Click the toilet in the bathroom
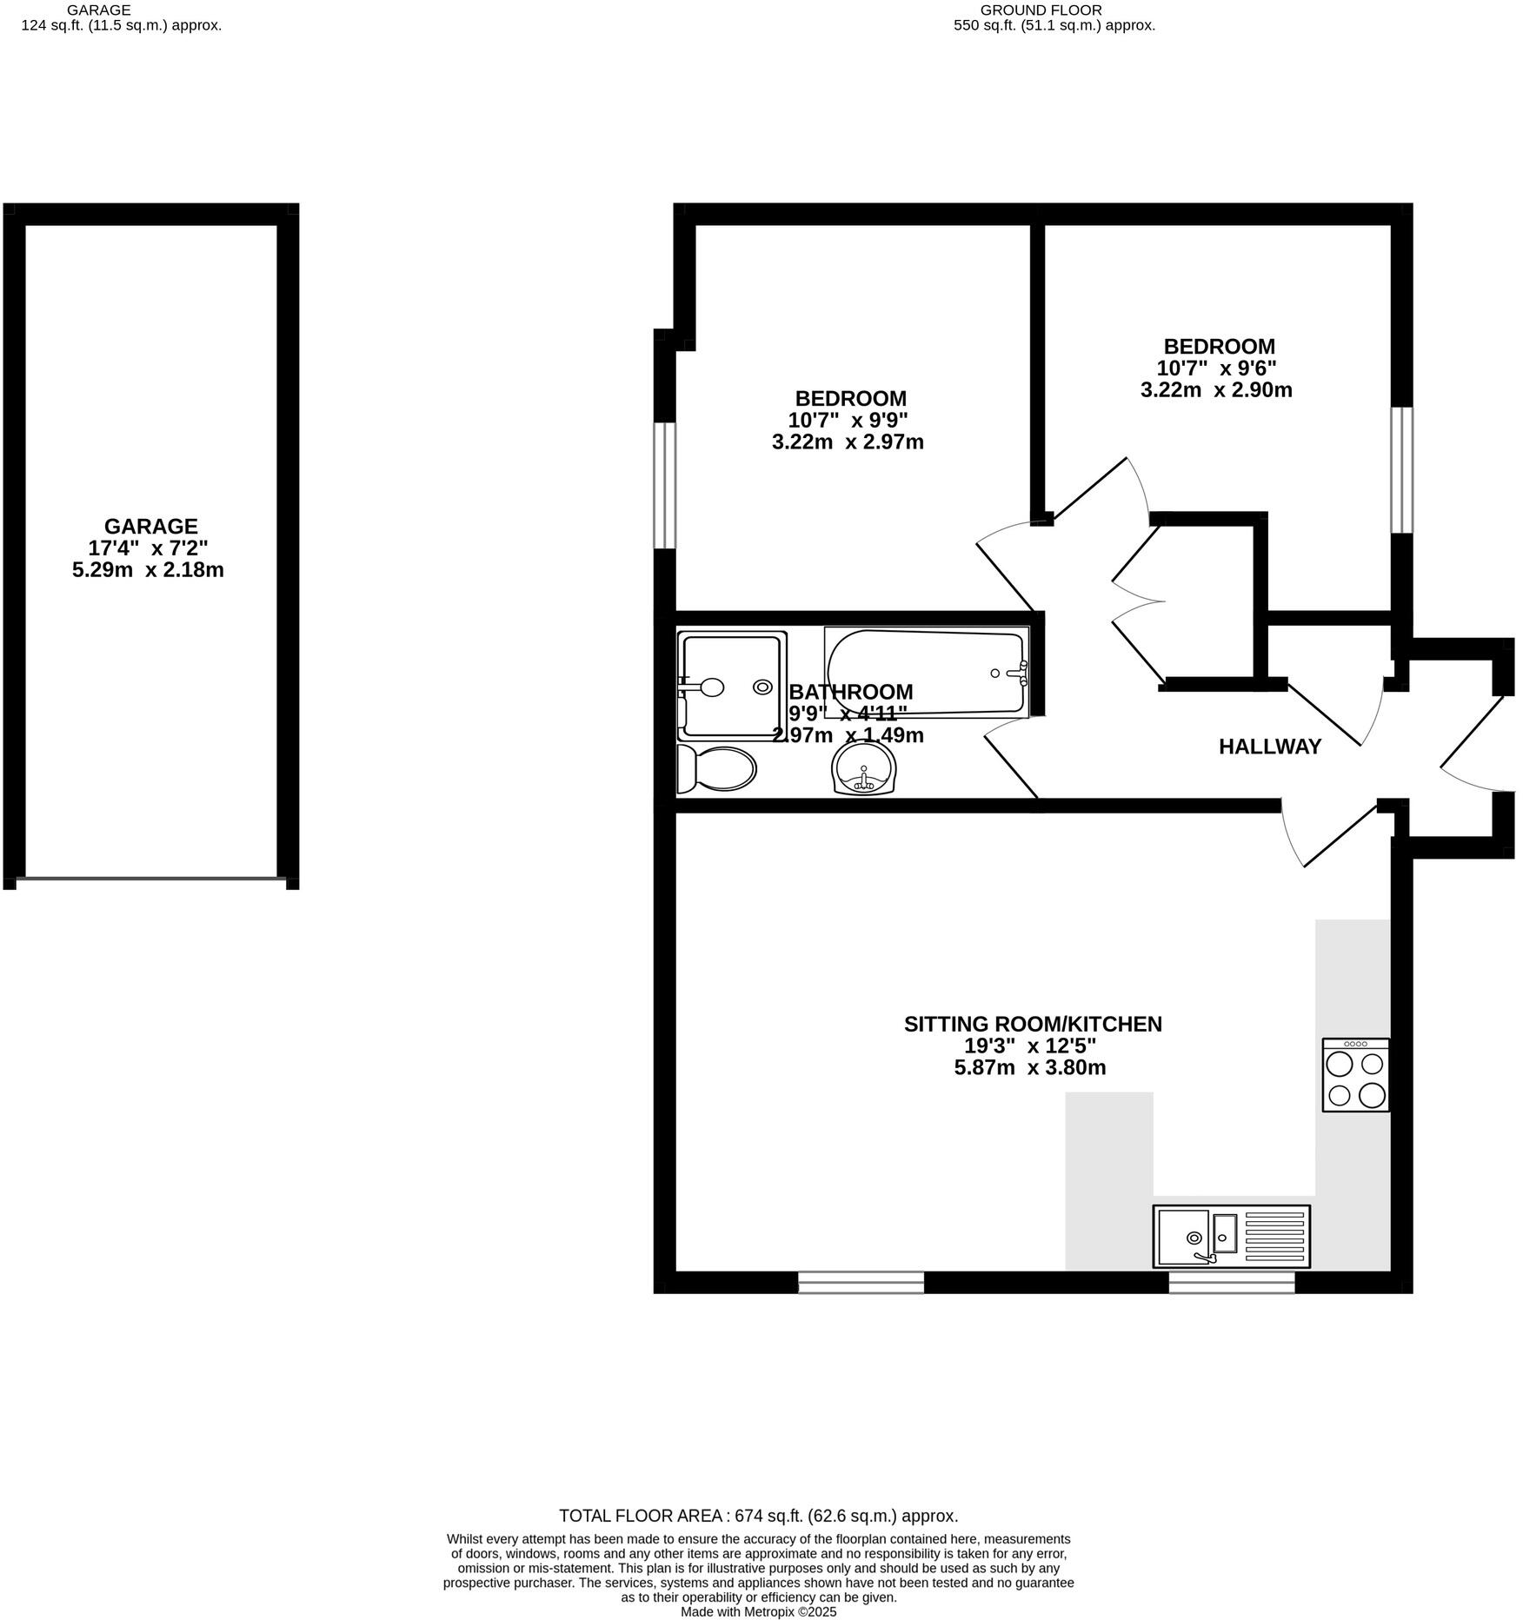click(716, 769)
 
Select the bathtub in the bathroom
click(927, 674)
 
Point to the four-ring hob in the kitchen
click(1355, 1075)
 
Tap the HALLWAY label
click(1269, 747)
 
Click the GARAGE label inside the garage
click(151, 526)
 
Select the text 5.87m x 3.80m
click(1029, 1067)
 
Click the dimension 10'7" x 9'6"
click(1215, 368)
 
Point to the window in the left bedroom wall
click(665, 485)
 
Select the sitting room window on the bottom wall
click(861, 1282)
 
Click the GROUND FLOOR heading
click(1054, 10)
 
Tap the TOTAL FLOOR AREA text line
click(758, 1516)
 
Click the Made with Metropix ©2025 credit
click(758, 1611)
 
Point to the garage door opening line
click(151, 879)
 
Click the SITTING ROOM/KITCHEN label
click(1032, 1024)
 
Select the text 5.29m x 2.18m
click(148, 570)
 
